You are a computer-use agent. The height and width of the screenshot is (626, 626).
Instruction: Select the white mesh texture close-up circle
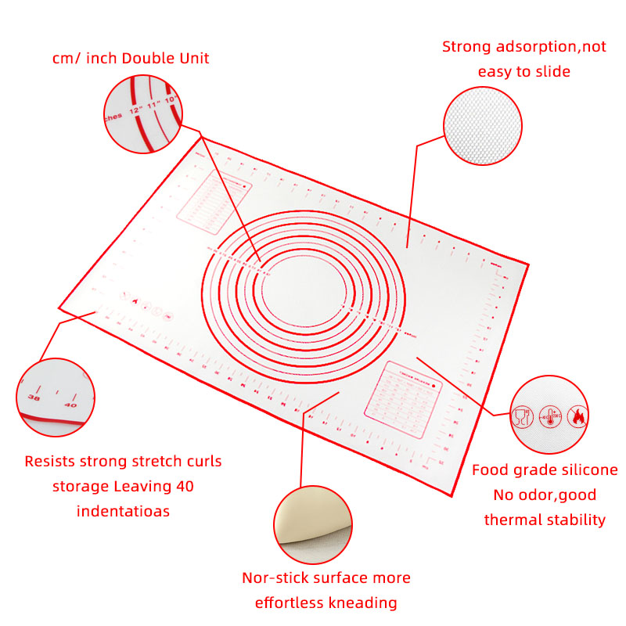482,125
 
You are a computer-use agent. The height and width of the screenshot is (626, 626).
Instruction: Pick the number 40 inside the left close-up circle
70,404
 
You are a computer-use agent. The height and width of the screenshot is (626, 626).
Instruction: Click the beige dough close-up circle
312,524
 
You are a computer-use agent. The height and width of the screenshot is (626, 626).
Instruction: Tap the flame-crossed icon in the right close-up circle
577,416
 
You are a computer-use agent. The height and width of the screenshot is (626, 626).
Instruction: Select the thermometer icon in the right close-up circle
550,416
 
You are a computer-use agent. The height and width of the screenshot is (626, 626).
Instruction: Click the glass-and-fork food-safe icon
522,416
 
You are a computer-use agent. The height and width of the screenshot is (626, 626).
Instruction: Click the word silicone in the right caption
583,470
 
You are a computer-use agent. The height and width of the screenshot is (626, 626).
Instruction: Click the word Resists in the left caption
52,461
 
